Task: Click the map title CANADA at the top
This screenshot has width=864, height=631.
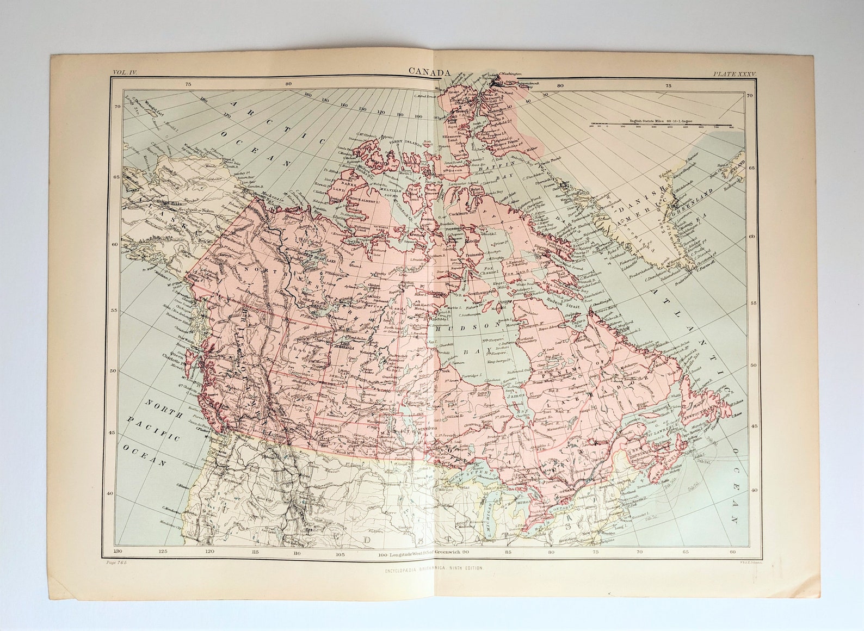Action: pyautogui.click(x=430, y=73)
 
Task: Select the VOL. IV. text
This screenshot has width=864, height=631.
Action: pyautogui.click(x=126, y=72)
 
